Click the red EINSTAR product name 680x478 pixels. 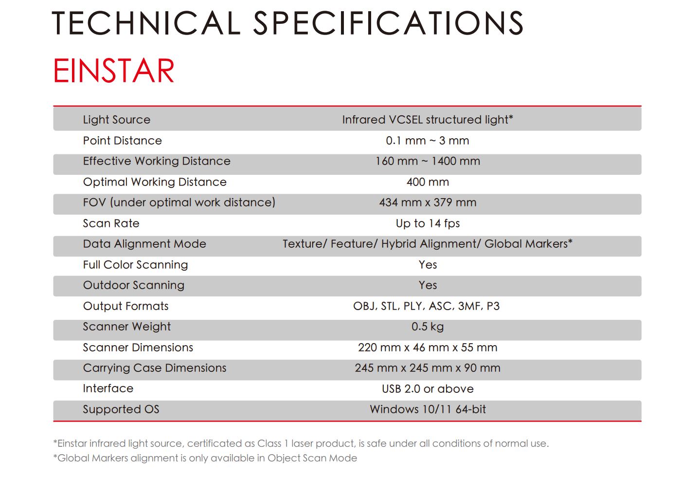click(114, 71)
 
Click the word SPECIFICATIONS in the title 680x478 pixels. click(388, 23)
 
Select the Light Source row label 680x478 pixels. click(117, 120)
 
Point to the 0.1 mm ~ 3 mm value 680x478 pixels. click(428, 141)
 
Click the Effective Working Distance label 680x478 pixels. click(157, 161)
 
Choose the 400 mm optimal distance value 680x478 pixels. click(428, 182)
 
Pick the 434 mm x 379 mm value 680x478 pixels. click(428, 202)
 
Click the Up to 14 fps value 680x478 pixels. click(428, 223)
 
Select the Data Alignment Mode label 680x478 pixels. click(144, 244)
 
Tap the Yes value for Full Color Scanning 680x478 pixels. click(428, 265)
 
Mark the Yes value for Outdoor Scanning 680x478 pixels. click(428, 285)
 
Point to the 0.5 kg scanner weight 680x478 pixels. click(428, 327)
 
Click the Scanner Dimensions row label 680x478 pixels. click(138, 348)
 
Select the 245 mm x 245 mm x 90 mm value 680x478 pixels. click(428, 368)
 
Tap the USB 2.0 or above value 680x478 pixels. click(428, 388)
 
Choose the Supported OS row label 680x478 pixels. click(121, 409)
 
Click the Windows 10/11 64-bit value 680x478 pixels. click(428, 409)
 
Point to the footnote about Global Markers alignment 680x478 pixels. click(205, 458)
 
